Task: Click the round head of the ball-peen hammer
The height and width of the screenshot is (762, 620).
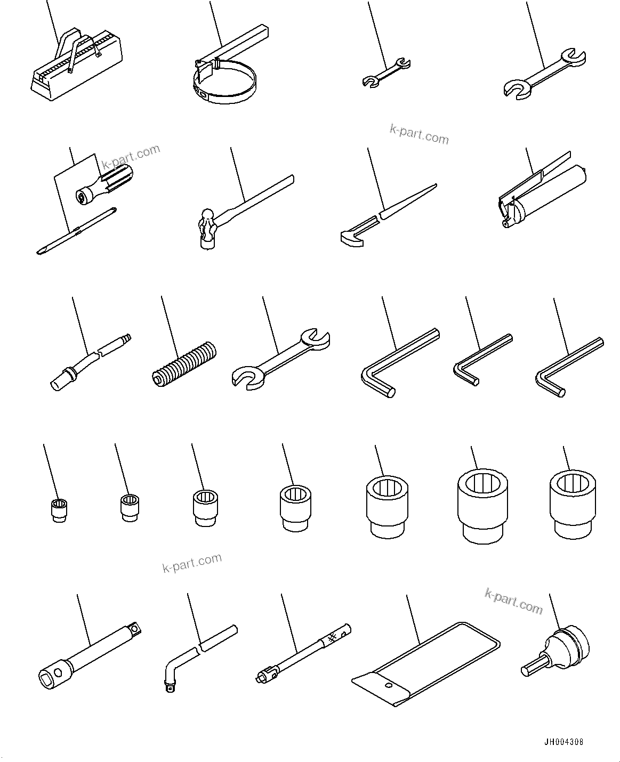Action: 206,216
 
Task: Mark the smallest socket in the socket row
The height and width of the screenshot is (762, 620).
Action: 58,509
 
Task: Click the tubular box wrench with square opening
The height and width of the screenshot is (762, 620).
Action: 88,650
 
